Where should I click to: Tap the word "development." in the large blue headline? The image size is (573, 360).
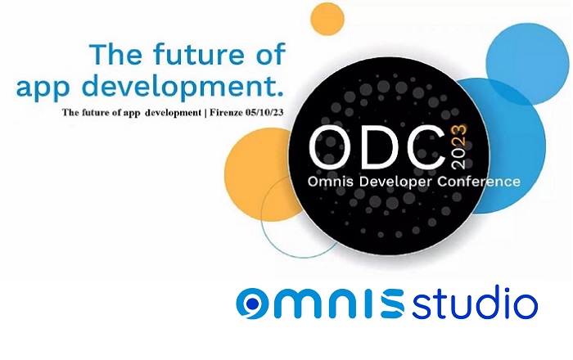[x=186, y=86]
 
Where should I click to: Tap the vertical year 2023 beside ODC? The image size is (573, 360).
[x=459, y=146]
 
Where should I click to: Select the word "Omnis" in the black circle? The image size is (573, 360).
[x=331, y=181]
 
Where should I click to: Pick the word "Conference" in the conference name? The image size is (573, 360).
[x=478, y=181]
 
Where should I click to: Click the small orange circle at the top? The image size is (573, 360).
[x=327, y=19]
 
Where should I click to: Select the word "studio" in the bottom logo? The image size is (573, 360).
[x=475, y=303]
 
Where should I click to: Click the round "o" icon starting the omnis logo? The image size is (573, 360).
[x=252, y=304]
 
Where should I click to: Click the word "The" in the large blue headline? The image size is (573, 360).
[x=115, y=54]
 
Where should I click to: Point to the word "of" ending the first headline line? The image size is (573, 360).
[x=271, y=54]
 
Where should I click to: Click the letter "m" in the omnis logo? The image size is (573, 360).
[x=296, y=303]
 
